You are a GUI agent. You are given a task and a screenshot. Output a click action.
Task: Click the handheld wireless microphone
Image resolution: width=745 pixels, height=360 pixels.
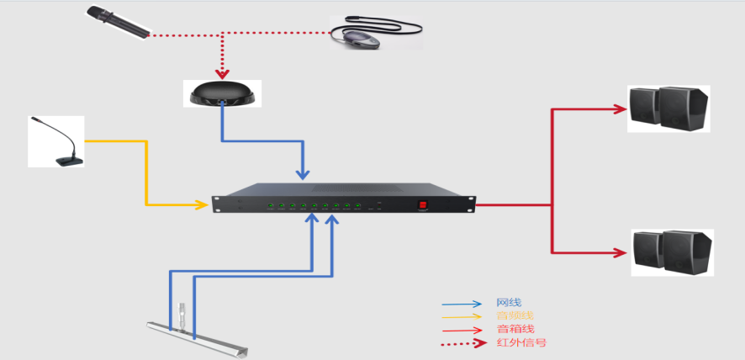coord(118,22)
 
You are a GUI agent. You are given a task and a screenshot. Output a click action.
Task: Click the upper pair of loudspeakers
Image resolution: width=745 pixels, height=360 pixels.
coord(669,109)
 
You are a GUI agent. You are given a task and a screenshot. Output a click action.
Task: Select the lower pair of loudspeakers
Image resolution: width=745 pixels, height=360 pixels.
coord(672,252)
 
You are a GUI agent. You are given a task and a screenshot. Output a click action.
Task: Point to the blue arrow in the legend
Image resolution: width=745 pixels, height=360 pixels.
coord(462,304)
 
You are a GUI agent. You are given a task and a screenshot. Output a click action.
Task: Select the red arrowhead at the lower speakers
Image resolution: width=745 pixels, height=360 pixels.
coord(621,251)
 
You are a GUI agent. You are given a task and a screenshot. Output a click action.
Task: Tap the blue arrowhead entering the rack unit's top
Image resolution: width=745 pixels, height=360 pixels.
coord(303,175)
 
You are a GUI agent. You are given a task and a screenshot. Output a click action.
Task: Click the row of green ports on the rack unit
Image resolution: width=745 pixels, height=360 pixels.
coord(314,205)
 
